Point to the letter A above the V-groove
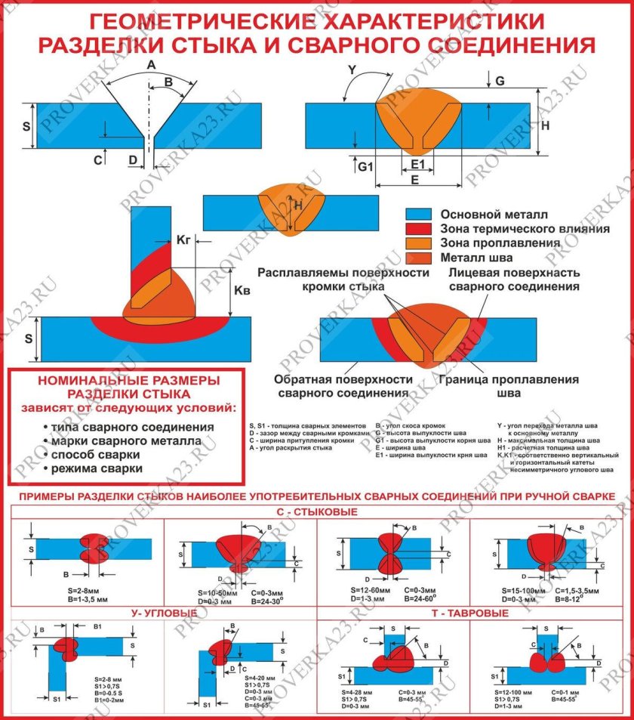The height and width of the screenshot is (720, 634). [x=151, y=66]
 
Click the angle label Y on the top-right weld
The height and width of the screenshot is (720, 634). [x=352, y=70]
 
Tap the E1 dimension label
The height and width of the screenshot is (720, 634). [x=418, y=165]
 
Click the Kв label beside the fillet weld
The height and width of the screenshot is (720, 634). [x=242, y=290]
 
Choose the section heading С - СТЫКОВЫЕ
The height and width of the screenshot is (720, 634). [x=317, y=512]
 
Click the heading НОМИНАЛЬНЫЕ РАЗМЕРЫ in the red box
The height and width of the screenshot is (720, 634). [x=128, y=380]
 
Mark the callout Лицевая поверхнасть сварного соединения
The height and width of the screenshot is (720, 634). [x=514, y=279]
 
